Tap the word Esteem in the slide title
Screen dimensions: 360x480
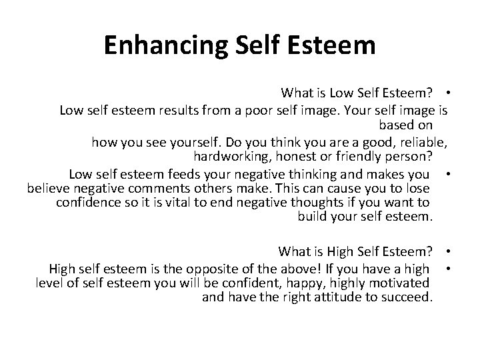pos(336,45)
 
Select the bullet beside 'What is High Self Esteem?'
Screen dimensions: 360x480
pos(451,251)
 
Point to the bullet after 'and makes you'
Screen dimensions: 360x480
pos(451,175)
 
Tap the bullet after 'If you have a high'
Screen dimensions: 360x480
pos(451,269)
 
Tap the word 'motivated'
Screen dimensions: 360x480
pos(405,283)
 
